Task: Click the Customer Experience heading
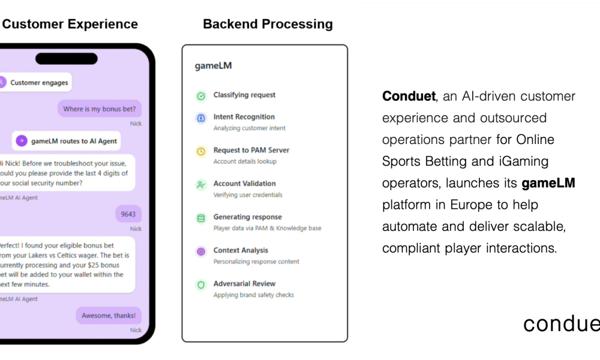tap(70, 25)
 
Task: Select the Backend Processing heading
tap(268, 25)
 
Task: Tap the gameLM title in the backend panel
tap(213, 66)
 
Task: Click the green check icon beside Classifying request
tap(201, 96)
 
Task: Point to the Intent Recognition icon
tap(201, 118)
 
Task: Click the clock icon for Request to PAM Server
tap(201, 152)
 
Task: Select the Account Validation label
tap(244, 184)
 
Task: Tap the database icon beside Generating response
tap(201, 218)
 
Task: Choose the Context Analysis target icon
tap(201, 252)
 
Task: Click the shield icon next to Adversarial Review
tap(201, 285)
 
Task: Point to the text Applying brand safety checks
tap(253, 295)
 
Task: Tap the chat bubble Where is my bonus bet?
tap(100, 109)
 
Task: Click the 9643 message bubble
tap(128, 214)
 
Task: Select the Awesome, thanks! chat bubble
tap(109, 316)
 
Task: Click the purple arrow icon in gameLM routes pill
tap(22, 141)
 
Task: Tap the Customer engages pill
tap(35, 83)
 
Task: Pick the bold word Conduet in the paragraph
tap(408, 97)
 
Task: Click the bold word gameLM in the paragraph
tap(548, 183)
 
